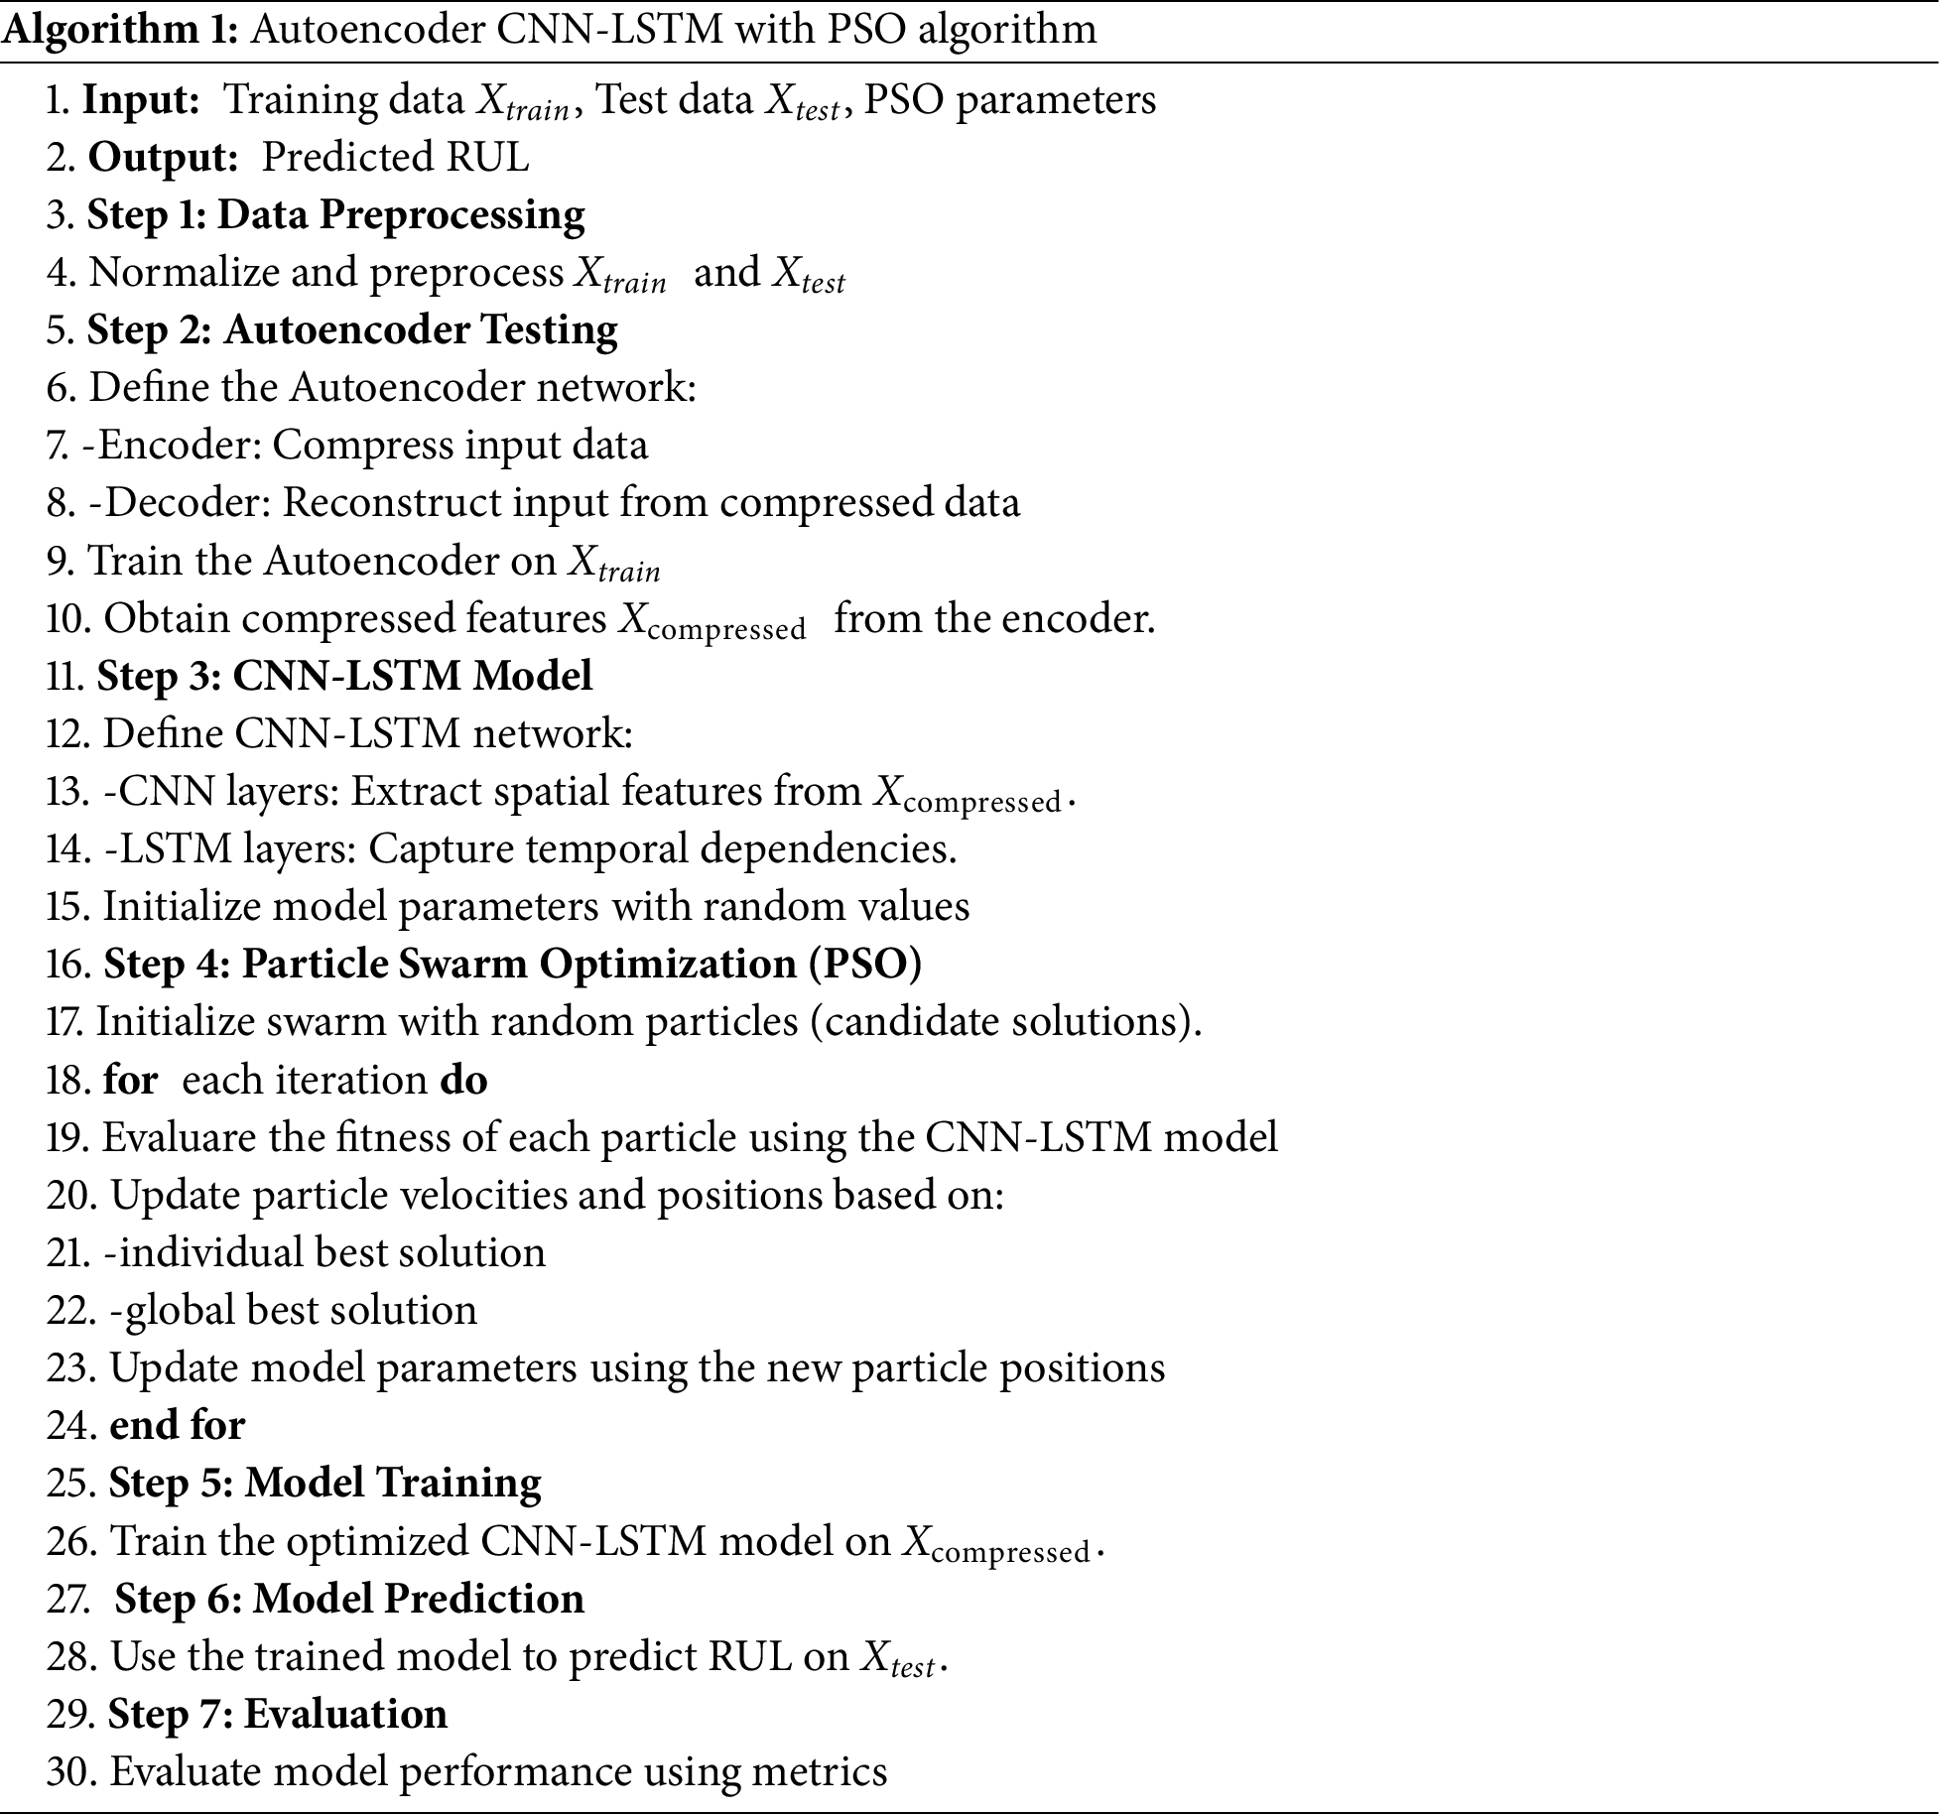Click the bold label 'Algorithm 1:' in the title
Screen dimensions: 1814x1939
(120, 30)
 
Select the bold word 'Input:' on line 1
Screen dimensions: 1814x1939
(141, 100)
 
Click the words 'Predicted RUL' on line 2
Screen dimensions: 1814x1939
(395, 158)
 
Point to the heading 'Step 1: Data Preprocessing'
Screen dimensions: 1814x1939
(335, 215)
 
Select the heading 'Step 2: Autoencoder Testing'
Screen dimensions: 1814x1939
(352, 330)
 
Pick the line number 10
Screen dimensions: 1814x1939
(68, 619)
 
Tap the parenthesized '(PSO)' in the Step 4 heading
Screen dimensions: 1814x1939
(865, 965)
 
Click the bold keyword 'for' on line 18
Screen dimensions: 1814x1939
(130, 1081)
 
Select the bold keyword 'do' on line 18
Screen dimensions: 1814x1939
(463, 1081)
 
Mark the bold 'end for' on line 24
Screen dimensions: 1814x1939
(177, 1426)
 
